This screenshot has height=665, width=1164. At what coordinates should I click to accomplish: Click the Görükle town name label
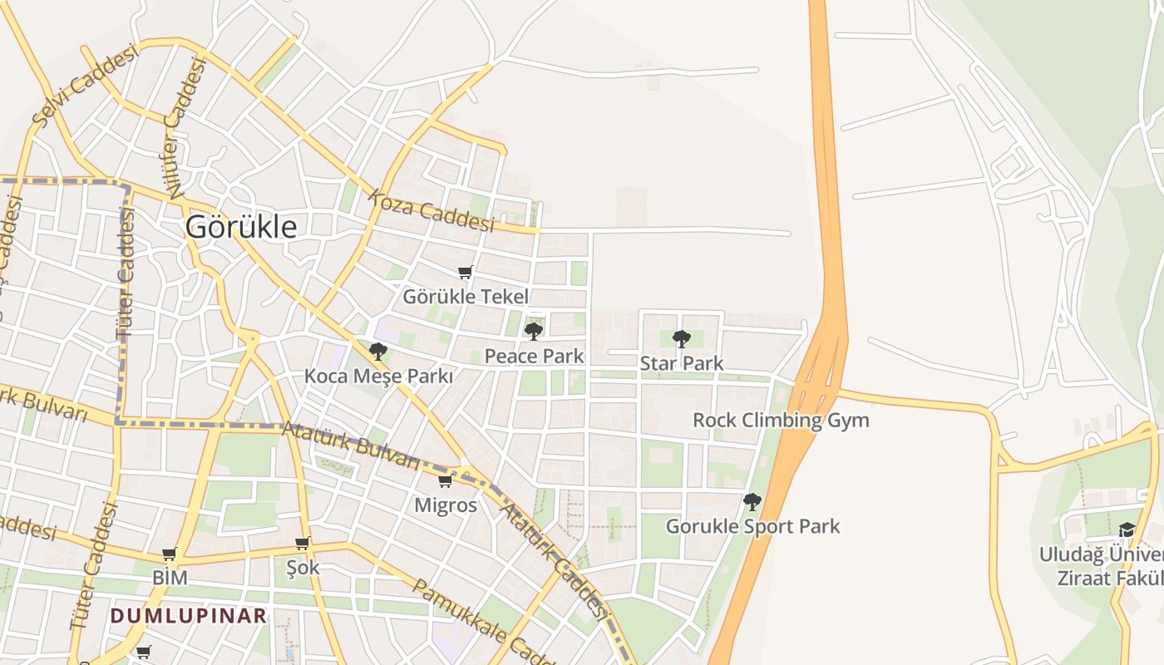240,227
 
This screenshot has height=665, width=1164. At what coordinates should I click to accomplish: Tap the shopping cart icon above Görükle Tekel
466,272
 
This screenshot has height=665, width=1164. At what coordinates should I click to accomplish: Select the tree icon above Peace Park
534,332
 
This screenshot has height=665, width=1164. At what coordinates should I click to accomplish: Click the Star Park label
682,363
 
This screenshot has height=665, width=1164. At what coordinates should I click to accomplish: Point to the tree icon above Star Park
682,338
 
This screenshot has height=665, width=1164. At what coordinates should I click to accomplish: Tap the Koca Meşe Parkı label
378,376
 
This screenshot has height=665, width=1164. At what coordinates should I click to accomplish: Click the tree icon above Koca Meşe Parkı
378,352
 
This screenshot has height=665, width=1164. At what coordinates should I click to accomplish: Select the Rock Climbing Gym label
781,420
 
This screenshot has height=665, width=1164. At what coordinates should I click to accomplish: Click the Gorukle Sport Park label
752,526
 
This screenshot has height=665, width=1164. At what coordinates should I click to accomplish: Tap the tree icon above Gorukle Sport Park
752,501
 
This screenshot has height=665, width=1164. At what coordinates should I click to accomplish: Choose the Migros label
446,505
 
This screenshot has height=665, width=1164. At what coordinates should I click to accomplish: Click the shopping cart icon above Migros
446,481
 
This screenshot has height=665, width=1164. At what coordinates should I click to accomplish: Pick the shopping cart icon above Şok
303,544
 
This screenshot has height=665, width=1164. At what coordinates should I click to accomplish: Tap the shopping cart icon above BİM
170,554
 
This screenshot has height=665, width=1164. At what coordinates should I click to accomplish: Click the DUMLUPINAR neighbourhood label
189,616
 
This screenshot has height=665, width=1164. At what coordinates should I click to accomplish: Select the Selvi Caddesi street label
83,86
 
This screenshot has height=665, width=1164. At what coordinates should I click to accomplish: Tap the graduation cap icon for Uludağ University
1127,530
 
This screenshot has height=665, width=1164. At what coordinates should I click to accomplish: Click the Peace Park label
534,357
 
